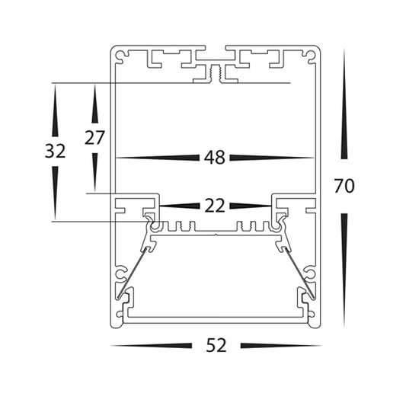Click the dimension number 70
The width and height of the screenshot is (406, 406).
344,186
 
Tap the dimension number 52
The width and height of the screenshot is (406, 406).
216,345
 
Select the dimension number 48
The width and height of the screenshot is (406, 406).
214,158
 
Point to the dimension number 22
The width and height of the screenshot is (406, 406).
215,206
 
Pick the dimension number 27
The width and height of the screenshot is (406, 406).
94,138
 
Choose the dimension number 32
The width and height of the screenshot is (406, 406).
55,152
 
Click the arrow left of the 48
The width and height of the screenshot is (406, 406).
158,158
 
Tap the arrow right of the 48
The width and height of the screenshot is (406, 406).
272,158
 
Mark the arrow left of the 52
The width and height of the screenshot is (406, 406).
152,345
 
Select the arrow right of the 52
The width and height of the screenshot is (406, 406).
281,345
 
